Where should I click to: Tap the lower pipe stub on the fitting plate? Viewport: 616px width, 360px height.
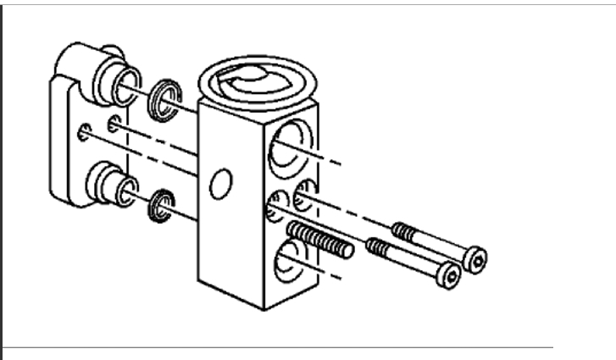(111, 183)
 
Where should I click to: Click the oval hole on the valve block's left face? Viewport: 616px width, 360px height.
(219, 182)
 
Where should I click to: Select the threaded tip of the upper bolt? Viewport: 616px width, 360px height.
(402, 230)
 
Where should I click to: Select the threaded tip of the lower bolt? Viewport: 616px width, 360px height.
(377, 247)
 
